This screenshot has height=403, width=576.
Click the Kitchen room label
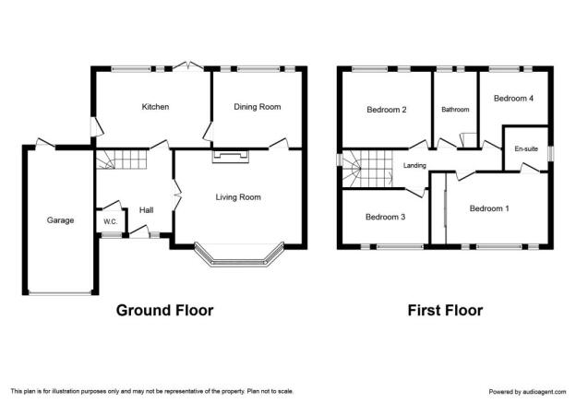point(155,107)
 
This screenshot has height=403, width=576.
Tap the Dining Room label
point(258,107)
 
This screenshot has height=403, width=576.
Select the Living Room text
point(238,197)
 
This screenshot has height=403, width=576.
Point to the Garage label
point(60,220)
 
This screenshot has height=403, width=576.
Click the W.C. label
point(110,221)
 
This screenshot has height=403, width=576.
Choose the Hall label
point(146,210)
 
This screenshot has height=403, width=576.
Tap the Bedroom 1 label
point(489,208)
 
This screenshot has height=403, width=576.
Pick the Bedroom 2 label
point(387,110)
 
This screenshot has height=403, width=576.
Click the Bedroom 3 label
point(385,217)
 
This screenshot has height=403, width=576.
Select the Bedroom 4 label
point(513,99)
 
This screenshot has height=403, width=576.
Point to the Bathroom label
point(455,110)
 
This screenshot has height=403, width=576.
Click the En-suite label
point(526,148)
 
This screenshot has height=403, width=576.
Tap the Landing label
point(414,165)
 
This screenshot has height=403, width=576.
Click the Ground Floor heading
point(164,311)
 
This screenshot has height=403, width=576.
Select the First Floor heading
point(445,311)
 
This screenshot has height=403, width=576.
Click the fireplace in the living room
point(231,156)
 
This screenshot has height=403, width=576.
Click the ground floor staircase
point(121,160)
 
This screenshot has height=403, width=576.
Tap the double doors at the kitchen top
point(188,66)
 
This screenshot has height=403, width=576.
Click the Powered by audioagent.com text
point(527,392)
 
